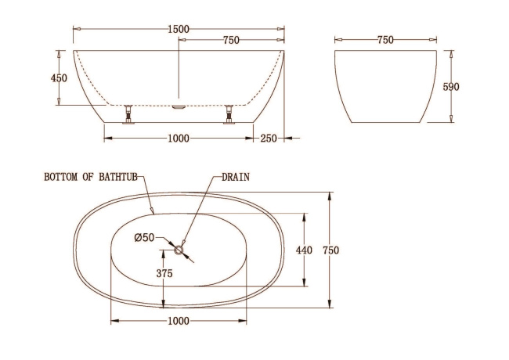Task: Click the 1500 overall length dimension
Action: [x=179, y=29]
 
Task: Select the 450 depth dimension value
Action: [x=59, y=78]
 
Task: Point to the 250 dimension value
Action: [x=269, y=139]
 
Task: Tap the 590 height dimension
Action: [x=451, y=87]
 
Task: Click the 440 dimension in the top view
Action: [x=304, y=250]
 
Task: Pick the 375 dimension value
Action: [x=164, y=274]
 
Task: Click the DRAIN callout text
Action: [x=235, y=178]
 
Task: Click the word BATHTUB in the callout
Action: [x=115, y=178]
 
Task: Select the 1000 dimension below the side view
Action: [x=179, y=139]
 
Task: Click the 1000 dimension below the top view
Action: [x=179, y=321]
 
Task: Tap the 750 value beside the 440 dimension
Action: [x=331, y=250]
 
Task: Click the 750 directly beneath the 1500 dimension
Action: [x=231, y=40]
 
